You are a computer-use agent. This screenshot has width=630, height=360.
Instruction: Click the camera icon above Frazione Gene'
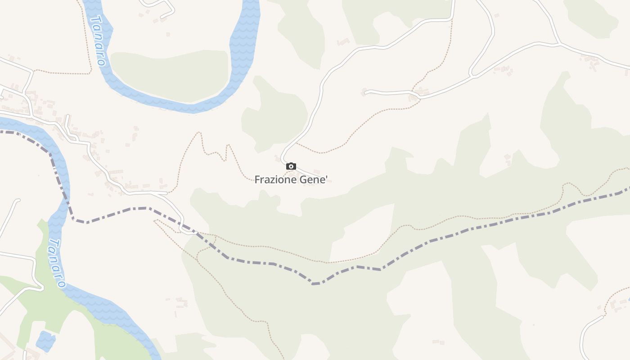(291, 166)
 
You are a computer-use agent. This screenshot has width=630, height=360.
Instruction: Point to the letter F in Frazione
(257, 180)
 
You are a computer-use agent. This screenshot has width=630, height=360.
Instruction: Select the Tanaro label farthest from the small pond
(98, 40)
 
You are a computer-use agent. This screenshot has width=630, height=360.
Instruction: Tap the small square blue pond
(45, 341)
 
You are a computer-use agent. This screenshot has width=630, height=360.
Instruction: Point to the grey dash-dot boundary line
(270, 263)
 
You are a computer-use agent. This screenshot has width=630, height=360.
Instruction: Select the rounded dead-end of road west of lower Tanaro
(18, 200)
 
